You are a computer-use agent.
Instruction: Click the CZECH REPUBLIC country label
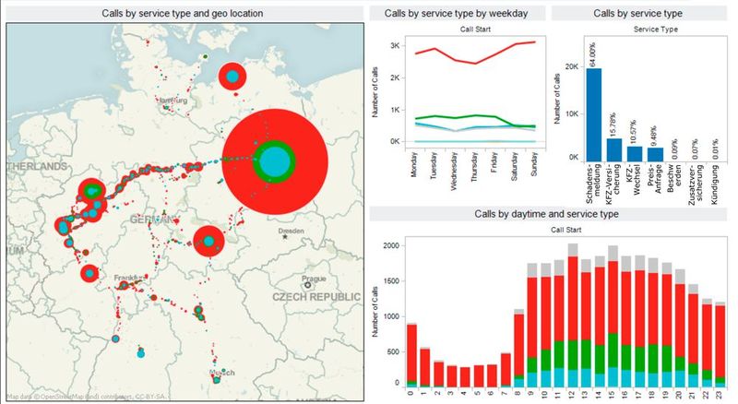pyautogui.click(x=316, y=297)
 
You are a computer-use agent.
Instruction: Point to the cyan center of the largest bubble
pyautogui.click(x=274, y=160)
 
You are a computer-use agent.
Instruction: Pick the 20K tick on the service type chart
pyautogui.click(x=570, y=66)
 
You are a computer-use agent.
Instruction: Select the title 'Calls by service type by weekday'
pyautogui.click(x=455, y=13)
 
